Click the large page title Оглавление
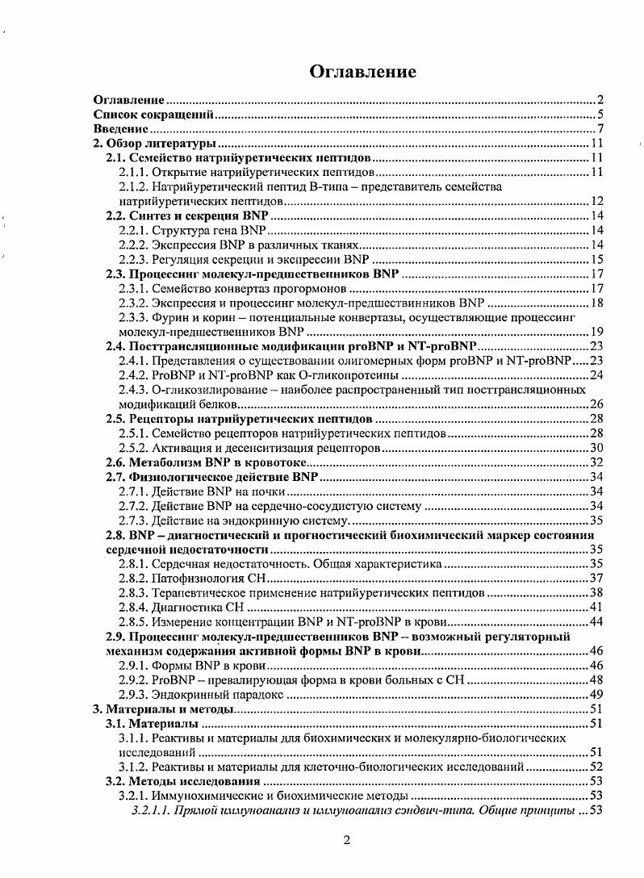pyautogui.click(x=363, y=72)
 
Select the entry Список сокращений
pyautogui.click(x=153, y=115)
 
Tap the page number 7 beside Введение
pyautogui.click(x=600, y=129)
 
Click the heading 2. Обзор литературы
pyautogui.click(x=140, y=144)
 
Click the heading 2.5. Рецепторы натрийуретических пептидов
pyautogui.click(x=240, y=419)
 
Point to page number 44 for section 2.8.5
pyautogui.click(x=598, y=621)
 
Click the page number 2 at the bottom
pyautogui.click(x=346, y=840)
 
